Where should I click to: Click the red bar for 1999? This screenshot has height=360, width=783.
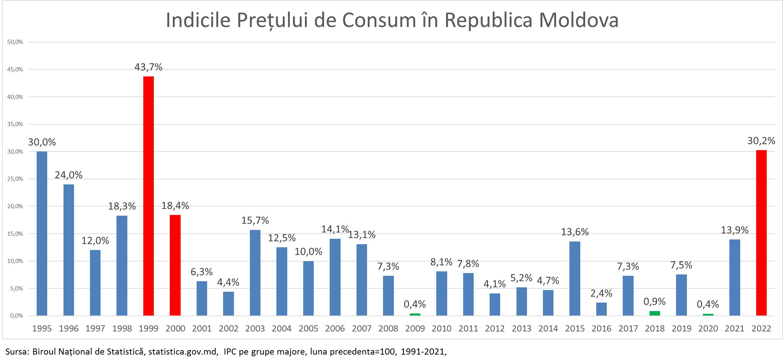pyautogui.click(x=148, y=196)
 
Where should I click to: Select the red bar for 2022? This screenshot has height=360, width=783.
pyautogui.click(x=761, y=233)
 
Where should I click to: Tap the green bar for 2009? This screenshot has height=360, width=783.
pyautogui.click(x=415, y=314)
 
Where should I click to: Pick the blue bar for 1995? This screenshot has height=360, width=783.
pyautogui.click(x=42, y=234)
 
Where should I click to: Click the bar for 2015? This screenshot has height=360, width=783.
pyautogui.click(x=575, y=278)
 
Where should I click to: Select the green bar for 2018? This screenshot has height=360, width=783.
pyautogui.click(x=655, y=313)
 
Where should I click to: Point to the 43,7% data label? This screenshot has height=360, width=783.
pyautogui.click(x=148, y=67)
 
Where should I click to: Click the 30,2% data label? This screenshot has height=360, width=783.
pyautogui.click(x=761, y=141)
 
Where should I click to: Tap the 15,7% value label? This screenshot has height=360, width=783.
pyautogui.click(x=255, y=221)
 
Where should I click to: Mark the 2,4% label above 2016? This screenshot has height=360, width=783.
pyautogui.click(x=601, y=293)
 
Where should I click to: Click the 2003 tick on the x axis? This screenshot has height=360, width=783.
pyautogui.click(x=255, y=328)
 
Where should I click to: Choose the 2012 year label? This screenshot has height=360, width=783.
pyautogui.click(x=495, y=328)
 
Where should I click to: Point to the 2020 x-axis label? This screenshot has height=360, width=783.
pyautogui.click(x=708, y=328)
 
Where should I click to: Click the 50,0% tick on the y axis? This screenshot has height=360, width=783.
pyautogui.click(x=15, y=42)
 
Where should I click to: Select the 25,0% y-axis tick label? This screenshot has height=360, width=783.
pyautogui.click(x=15, y=179)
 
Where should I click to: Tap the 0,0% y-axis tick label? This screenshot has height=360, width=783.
pyautogui.click(x=16, y=316)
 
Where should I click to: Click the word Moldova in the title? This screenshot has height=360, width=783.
pyautogui.click(x=579, y=20)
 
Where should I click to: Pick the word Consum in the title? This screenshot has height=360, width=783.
pyautogui.click(x=379, y=20)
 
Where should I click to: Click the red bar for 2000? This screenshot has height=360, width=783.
pyautogui.click(x=175, y=265)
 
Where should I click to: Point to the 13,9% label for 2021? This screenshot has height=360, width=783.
pyautogui.click(x=735, y=230)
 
